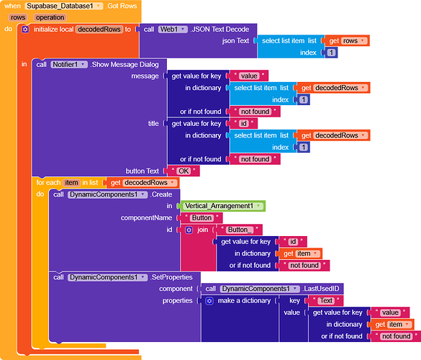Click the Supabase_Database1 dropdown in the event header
pos(63,6)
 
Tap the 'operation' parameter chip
pos(50,17)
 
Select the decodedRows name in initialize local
pos(99,30)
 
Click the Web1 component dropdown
pos(173,30)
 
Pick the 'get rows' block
pos(347,41)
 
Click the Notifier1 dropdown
pos(69,65)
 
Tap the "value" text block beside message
pos(249,76)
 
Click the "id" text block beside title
pos(243,124)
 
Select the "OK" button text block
pos(184,171)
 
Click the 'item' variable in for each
pos(71,183)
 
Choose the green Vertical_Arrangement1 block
pos(223,206)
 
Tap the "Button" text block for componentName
pos(202,218)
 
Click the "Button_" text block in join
pos(240,230)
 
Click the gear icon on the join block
pos(189,230)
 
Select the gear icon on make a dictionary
pos(209,301)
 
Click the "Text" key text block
pos(326,301)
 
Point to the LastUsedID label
pos(322,289)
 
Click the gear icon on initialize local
pos(25,30)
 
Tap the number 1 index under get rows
pos(331,53)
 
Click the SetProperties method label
pos(171,277)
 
